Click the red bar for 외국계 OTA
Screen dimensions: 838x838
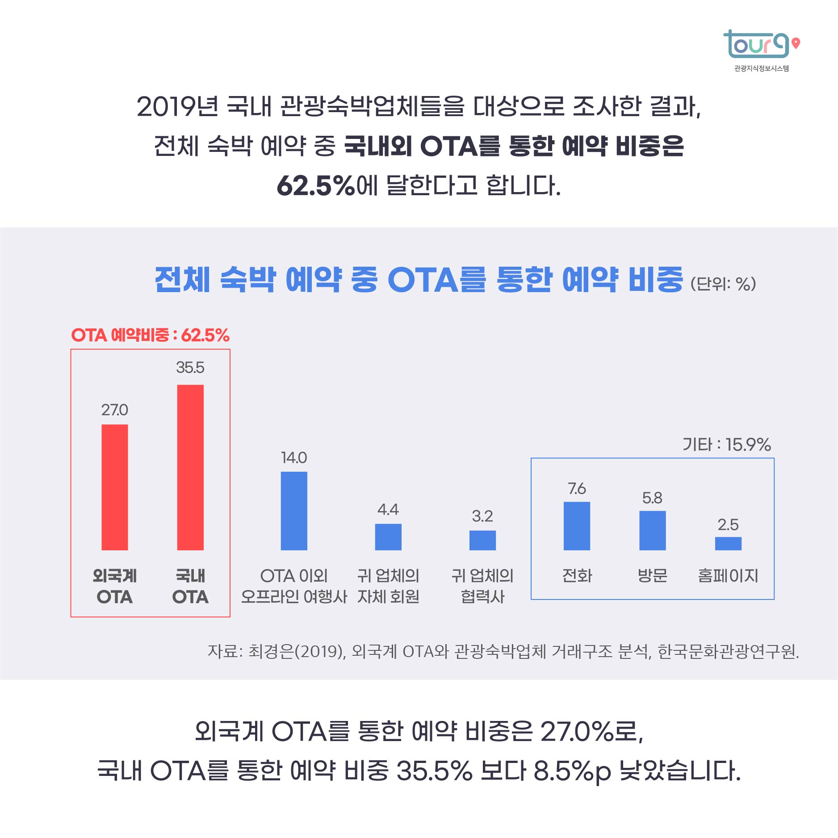click(115, 487)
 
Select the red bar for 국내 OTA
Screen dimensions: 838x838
click(190, 467)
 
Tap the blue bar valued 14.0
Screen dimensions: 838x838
click(294, 511)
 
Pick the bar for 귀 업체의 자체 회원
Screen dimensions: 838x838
click(388, 536)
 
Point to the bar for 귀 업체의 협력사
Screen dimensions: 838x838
click(482, 540)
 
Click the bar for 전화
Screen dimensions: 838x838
click(577, 526)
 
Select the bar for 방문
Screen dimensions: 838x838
click(652, 530)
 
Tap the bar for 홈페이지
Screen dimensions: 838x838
click(728, 543)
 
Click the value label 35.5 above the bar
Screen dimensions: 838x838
click(190, 368)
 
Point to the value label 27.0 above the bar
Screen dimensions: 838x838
click(115, 410)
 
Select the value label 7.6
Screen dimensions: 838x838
click(577, 488)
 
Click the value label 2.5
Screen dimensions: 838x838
click(728, 524)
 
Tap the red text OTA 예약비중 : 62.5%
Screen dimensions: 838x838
click(151, 335)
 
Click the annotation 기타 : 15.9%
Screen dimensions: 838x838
click(727, 444)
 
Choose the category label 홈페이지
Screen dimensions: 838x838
click(728, 575)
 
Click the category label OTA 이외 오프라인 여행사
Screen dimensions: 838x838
click(294, 586)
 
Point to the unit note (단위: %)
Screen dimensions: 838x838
click(723, 284)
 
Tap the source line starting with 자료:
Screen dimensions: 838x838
click(503, 651)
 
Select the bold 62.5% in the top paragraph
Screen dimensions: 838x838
click(316, 185)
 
